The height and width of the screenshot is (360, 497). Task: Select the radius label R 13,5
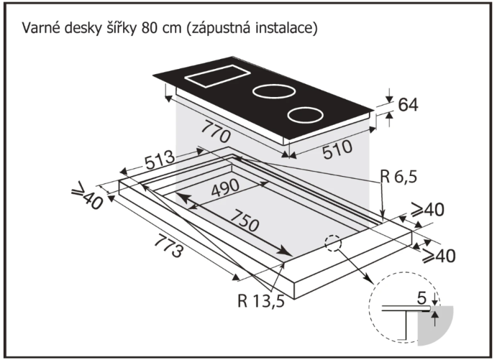point(261,303)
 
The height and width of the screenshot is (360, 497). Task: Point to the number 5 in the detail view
point(422,299)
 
